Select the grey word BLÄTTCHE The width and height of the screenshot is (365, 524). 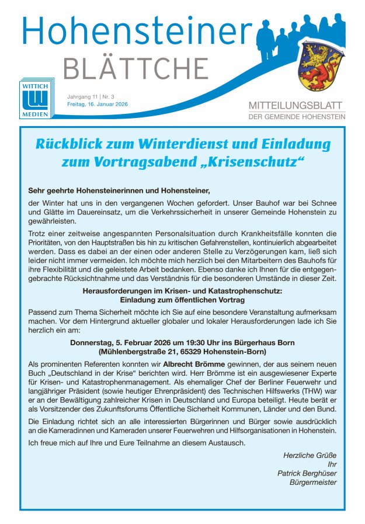pyautogui.click(x=135, y=69)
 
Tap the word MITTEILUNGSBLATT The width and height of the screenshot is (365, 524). pyautogui.click(x=297, y=106)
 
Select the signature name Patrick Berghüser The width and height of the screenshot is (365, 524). pyautogui.click(x=307, y=474)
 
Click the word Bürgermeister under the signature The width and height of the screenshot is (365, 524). pyautogui.click(x=312, y=483)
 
